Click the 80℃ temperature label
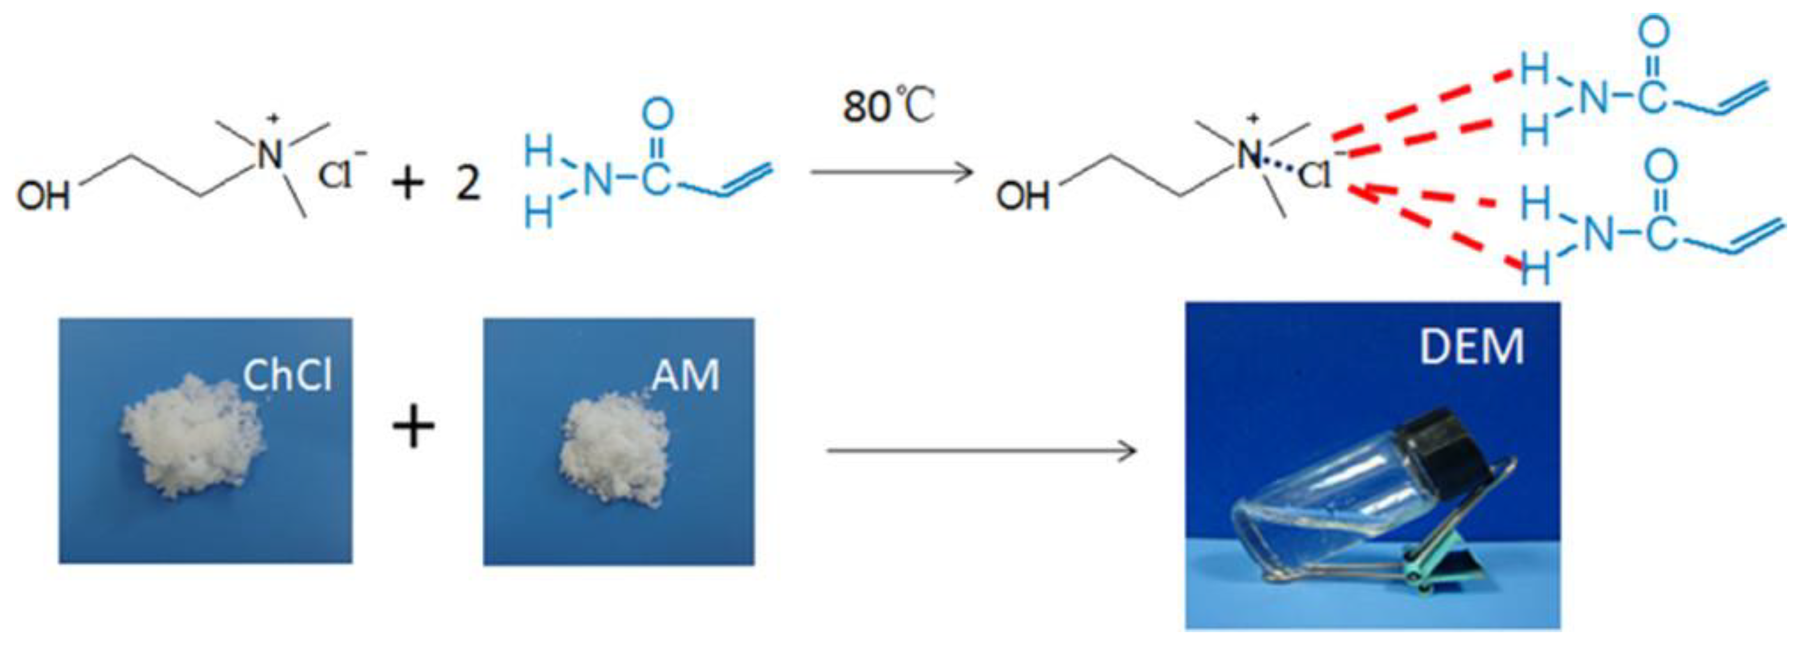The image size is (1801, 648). click(888, 107)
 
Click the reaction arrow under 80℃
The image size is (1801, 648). click(891, 171)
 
